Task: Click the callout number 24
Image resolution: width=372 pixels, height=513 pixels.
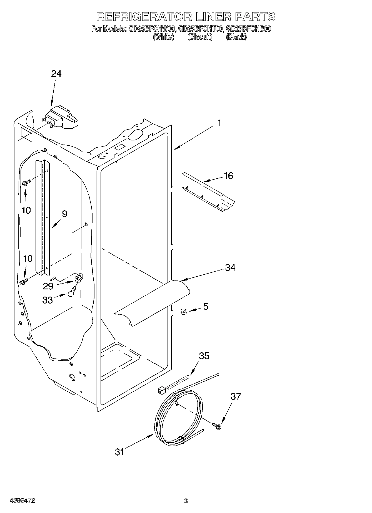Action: (x=56, y=74)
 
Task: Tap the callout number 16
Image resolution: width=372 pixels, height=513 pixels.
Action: (x=228, y=176)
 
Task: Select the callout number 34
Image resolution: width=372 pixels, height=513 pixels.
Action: (x=230, y=268)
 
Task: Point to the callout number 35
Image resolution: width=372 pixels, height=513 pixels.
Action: (x=204, y=356)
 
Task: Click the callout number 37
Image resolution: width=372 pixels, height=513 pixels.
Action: (x=236, y=396)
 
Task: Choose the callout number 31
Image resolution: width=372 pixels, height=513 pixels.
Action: (x=119, y=452)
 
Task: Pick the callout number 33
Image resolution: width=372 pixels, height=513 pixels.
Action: (x=48, y=300)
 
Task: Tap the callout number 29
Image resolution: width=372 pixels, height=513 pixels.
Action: (x=48, y=286)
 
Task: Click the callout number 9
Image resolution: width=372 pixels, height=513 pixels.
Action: (x=64, y=214)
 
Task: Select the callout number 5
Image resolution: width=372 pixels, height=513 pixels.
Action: (x=206, y=306)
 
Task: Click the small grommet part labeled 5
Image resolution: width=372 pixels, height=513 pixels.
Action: (x=183, y=312)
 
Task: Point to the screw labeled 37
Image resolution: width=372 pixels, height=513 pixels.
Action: (x=217, y=426)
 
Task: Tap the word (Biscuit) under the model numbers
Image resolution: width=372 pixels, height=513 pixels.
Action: (x=200, y=37)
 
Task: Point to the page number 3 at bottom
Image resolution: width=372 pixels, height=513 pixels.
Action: (x=186, y=501)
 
